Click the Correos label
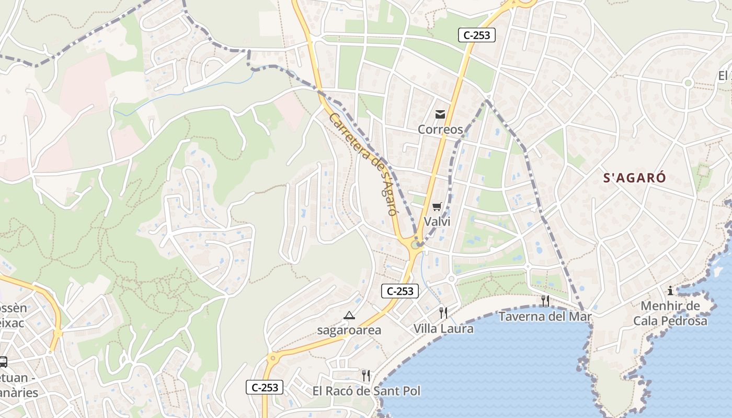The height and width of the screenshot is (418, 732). (440, 129)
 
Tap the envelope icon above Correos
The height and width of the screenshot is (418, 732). (440, 114)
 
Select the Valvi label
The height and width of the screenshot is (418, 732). (437, 222)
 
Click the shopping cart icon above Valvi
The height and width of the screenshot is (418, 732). (437, 206)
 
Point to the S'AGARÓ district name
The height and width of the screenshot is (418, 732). (635, 178)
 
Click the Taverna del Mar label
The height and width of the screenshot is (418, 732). (545, 317)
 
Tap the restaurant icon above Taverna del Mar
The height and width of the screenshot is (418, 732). (545, 300)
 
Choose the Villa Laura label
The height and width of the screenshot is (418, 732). (443, 329)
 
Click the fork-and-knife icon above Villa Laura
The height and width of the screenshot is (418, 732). (443, 312)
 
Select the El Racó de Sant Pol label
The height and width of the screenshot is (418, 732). (366, 391)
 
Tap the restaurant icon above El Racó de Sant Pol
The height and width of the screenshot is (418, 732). (366, 375)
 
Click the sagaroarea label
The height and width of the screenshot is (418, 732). (349, 330)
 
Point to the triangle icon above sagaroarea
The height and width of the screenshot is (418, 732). (349, 315)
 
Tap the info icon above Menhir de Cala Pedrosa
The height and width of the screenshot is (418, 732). (670, 291)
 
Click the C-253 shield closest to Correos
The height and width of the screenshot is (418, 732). (476, 35)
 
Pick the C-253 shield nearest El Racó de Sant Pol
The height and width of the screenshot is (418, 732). (265, 387)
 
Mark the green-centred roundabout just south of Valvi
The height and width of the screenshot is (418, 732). (415, 244)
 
